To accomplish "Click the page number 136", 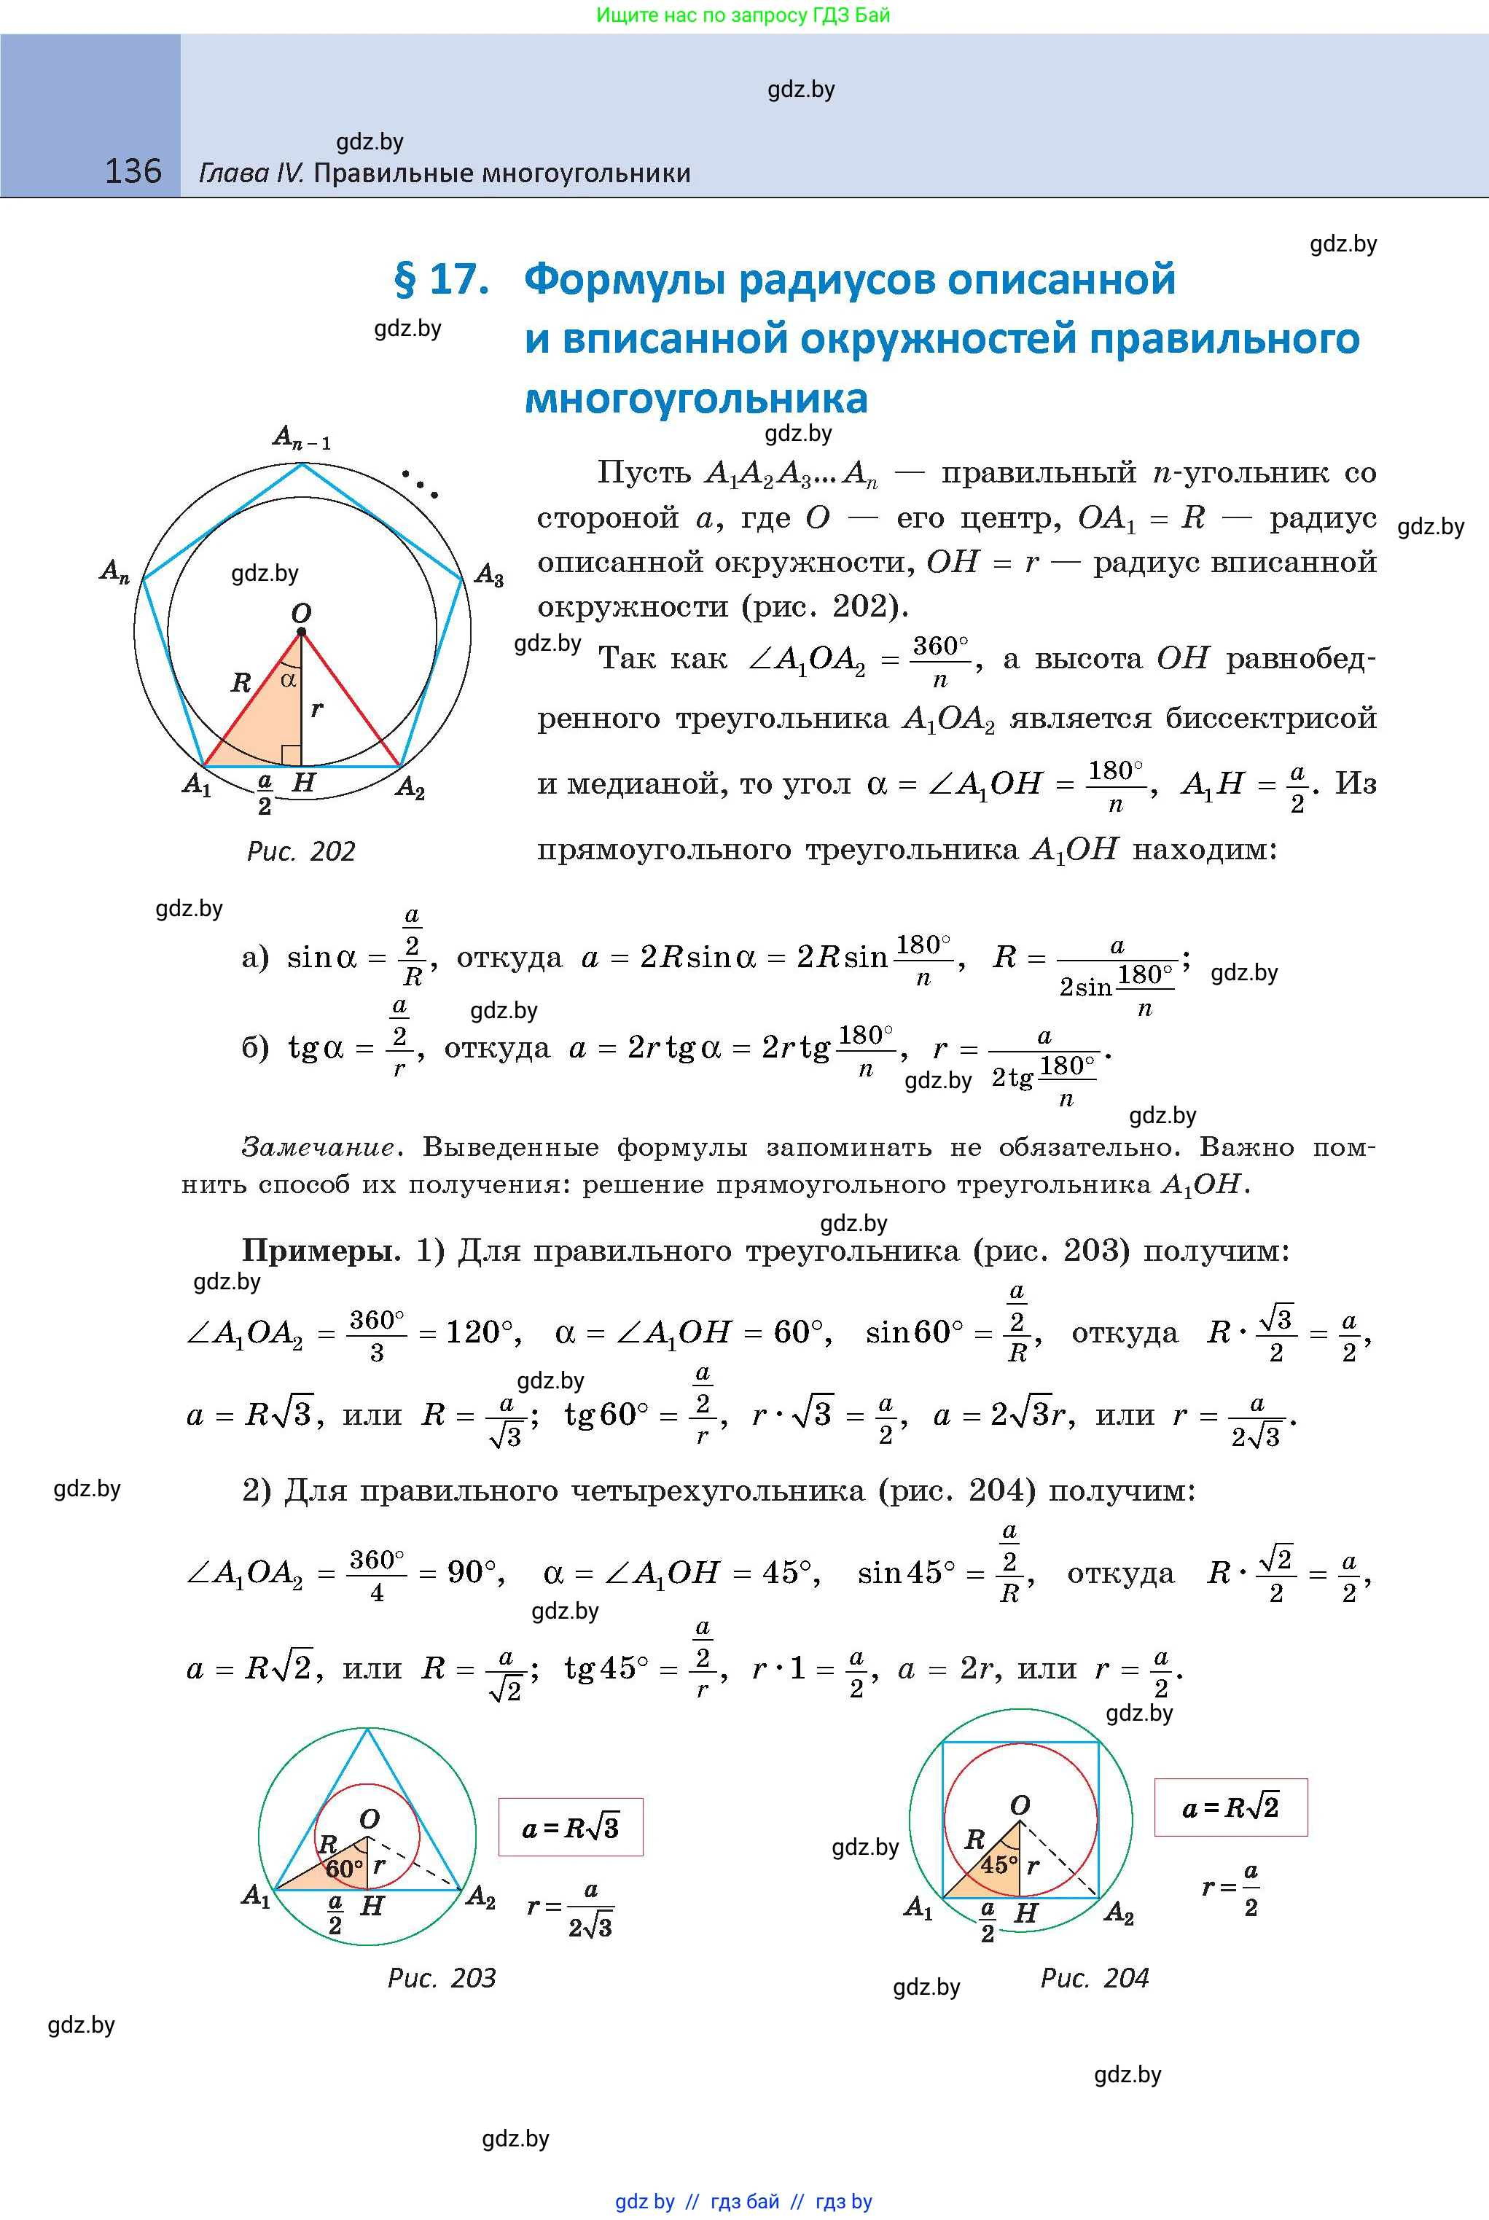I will click(x=133, y=171).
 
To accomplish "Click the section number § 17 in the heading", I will click(x=441, y=279).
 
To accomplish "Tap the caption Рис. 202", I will click(x=300, y=851).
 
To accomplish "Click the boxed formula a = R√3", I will click(x=571, y=1827).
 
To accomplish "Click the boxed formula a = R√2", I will click(x=1231, y=1807).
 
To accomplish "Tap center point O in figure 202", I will click(x=301, y=630).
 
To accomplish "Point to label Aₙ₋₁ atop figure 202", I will click(x=301, y=438).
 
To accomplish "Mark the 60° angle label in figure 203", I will click(x=344, y=1869).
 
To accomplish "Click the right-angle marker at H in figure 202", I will click(x=292, y=755).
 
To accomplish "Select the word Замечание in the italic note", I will click(x=317, y=1147).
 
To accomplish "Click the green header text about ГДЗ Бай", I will click(x=743, y=15).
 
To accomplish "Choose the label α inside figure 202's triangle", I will click(x=289, y=679).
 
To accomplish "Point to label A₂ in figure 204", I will click(x=1119, y=1912).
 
